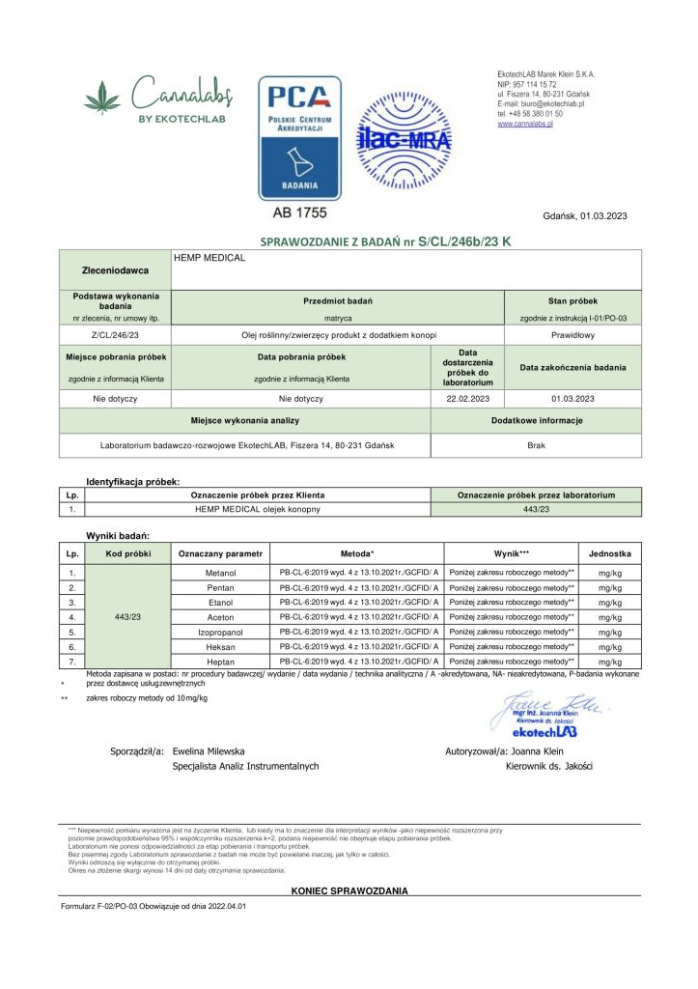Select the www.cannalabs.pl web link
coord(524,124)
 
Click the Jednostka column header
coord(609,554)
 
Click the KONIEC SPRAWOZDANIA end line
coord(349,890)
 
